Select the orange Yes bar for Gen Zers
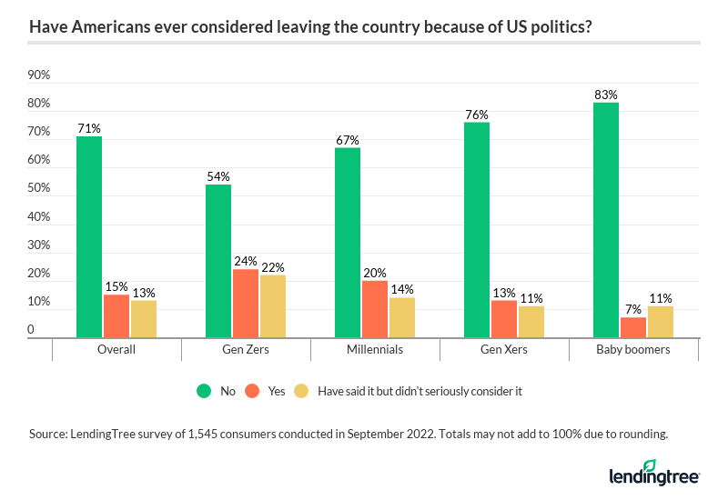pos(245,304)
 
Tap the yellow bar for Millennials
pos(402,317)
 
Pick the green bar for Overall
pos(89,237)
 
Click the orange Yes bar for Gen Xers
pos(503,319)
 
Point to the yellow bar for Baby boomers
pos(660,322)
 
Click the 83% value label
pos(606,95)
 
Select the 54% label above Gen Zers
pos(218,176)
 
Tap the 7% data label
pos(633,310)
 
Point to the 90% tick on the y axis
pos(38,75)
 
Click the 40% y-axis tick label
pos(38,216)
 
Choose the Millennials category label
pos(375,350)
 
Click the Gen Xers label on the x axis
pos(504,350)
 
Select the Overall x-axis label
pos(116,350)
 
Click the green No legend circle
pos(203,391)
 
